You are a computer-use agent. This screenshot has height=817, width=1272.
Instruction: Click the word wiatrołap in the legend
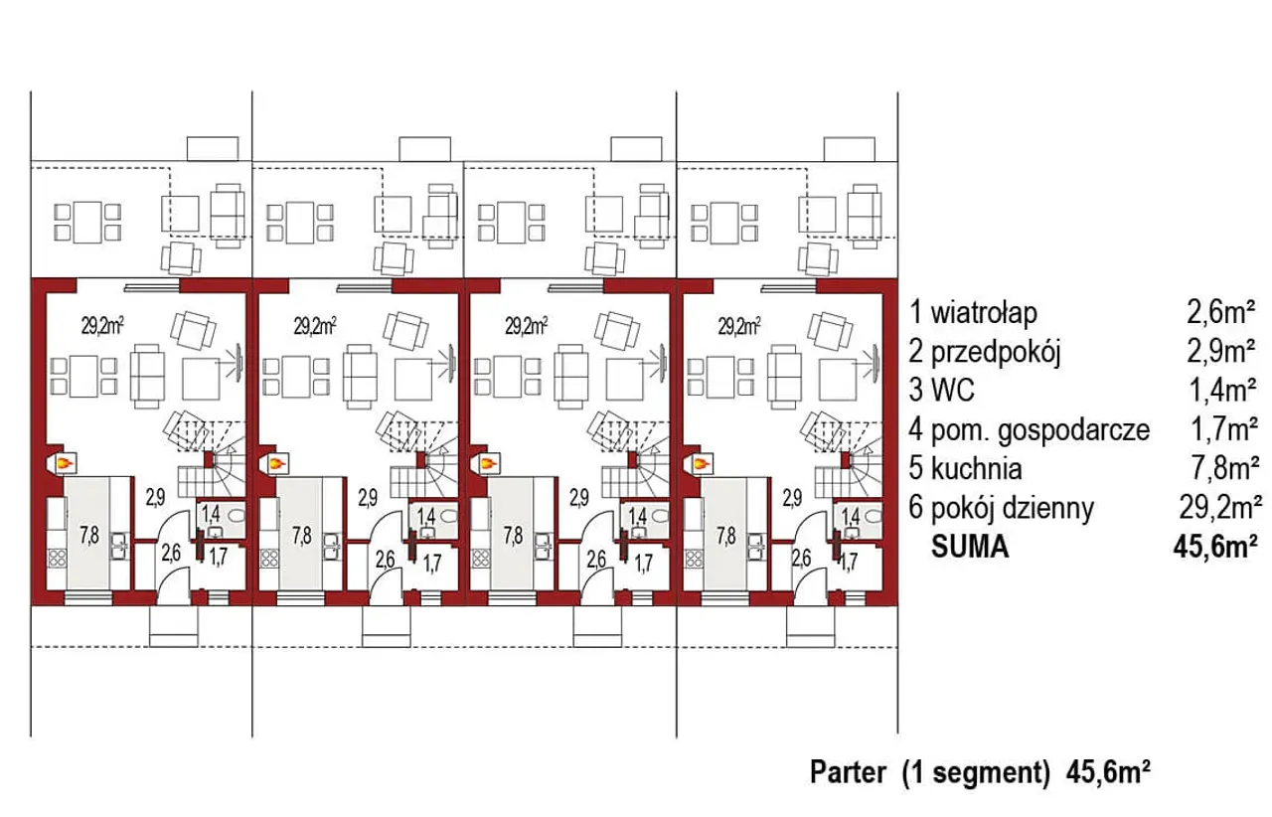point(984,313)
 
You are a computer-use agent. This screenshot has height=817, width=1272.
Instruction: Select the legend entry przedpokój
point(996,352)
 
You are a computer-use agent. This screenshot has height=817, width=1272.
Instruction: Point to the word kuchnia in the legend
point(976,469)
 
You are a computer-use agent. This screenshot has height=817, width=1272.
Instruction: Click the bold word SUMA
point(970,547)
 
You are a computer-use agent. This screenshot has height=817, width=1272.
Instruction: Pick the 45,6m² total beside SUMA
point(1214,547)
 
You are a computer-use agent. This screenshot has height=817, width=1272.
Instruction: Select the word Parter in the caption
point(848,772)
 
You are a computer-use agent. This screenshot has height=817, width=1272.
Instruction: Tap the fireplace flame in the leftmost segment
point(67,463)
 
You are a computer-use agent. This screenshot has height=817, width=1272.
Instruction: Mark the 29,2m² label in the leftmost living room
point(102,327)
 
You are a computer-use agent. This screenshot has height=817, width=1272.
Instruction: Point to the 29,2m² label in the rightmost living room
point(739,327)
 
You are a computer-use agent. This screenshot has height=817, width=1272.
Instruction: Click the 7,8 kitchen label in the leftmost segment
point(89,535)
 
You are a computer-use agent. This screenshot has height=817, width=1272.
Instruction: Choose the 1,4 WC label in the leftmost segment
point(211,515)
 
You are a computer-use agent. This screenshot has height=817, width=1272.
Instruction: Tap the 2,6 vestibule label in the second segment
point(385,560)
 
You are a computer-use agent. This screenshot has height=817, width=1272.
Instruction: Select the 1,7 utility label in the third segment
point(643,564)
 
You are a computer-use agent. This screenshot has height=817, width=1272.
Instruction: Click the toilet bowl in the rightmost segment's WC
point(872,516)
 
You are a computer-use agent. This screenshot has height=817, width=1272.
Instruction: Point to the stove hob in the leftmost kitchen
point(57,558)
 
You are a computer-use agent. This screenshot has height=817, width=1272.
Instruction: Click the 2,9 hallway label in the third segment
point(579,498)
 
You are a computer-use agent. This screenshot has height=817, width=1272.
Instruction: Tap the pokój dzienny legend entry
point(1012,509)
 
